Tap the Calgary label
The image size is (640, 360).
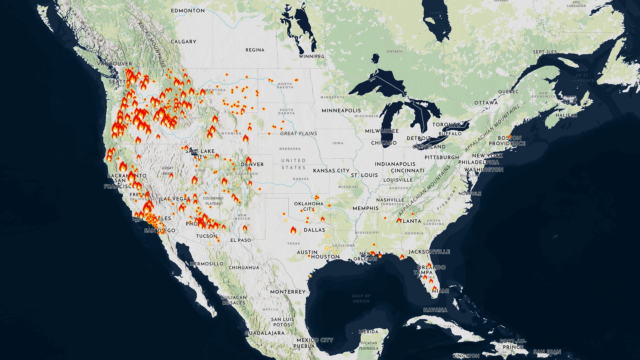click(184, 41)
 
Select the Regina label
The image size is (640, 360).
click(255, 49)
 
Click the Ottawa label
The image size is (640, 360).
click(486, 102)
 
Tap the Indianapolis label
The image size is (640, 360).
click(394, 164)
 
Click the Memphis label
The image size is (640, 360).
click(366, 208)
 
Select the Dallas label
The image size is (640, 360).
click(314, 230)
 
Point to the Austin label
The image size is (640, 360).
click(306, 252)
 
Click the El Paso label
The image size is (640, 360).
click(240, 240)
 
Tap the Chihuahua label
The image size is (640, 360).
click(243, 268)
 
